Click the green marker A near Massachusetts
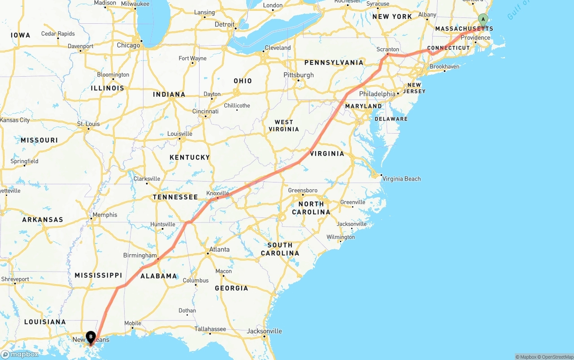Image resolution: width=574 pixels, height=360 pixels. pyautogui.click(x=483, y=19)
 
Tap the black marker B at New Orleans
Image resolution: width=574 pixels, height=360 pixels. pyautogui.click(x=91, y=336)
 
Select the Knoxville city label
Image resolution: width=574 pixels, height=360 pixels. pyautogui.click(x=217, y=193)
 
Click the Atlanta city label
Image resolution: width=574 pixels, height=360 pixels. pyautogui.click(x=219, y=250)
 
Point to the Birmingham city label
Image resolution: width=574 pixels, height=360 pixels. pyautogui.click(x=140, y=256)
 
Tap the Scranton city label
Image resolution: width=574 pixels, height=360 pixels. pyautogui.click(x=388, y=49)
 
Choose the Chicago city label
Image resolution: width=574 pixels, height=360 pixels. pyautogui.click(x=128, y=45)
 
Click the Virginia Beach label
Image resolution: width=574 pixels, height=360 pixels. pyautogui.click(x=401, y=179)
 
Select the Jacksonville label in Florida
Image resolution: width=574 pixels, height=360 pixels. pyautogui.click(x=264, y=331)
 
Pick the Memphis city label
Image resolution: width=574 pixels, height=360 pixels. pyautogui.click(x=104, y=215)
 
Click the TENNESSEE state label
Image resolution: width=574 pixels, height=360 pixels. pyautogui.click(x=175, y=197)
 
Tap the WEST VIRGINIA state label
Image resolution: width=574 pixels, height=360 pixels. pyautogui.click(x=283, y=126)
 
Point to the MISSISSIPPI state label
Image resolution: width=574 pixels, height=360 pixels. pyautogui.click(x=98, y=275)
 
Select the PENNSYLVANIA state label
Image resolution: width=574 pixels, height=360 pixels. pyautogui.click(x=334, y=63)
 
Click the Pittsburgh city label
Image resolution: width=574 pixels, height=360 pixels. pyautogui.click(x=299, y=75)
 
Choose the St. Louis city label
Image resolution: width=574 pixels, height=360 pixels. pyautogui.click(x=88, y=124)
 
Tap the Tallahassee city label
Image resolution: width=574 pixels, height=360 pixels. pyautogui.click(x=210, y=329)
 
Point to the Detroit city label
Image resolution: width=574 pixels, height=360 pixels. pyautogui.click(x=224, y=25)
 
